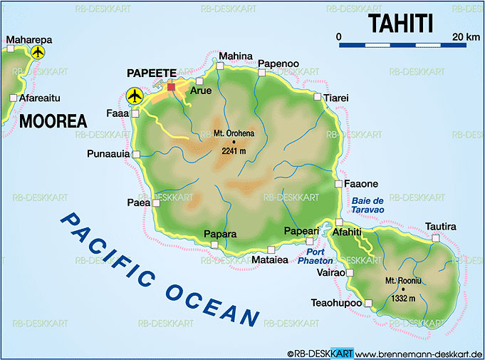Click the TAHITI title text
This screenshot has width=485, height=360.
[400, 23]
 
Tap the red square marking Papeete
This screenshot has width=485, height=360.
[171, 87]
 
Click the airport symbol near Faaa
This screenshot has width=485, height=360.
[133, 95]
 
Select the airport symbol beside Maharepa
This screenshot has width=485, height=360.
[38, 52]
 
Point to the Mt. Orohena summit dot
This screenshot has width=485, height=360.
[233, 142]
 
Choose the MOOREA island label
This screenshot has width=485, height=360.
[53, 120]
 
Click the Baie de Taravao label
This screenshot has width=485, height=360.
[367, 205]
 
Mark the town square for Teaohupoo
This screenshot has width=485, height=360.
[368, 303]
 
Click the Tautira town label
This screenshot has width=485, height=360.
[439, 227]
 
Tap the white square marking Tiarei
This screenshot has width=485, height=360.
[317, 96]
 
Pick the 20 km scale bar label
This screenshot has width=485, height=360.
[464, 36]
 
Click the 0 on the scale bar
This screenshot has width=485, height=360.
[339, 36]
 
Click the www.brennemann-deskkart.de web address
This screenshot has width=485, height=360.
[419, 354]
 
